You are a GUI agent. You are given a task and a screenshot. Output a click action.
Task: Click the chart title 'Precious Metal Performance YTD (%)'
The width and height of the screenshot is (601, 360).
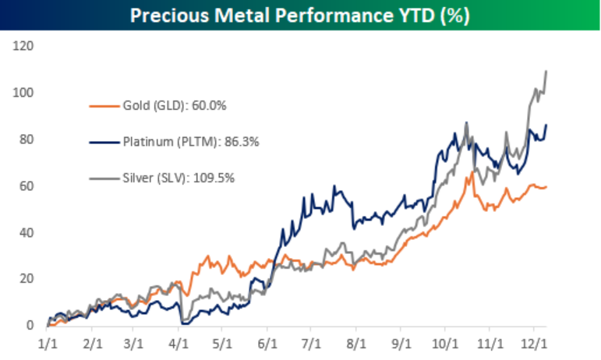coord(300,15)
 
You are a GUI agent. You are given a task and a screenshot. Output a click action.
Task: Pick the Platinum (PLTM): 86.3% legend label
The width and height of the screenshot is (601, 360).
coord(180,141)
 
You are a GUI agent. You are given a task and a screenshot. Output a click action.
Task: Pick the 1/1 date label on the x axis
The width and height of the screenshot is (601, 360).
coord(47,343)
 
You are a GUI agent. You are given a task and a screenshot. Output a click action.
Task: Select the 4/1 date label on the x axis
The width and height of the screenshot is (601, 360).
coord(179,343)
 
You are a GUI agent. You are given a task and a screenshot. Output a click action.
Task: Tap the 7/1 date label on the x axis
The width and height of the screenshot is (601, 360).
coord(311,343)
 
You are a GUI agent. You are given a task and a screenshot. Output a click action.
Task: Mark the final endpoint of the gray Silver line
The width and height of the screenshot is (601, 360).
coord(546,71)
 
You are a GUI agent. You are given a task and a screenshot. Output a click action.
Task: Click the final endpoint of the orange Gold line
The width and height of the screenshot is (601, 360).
coord(546,186)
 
